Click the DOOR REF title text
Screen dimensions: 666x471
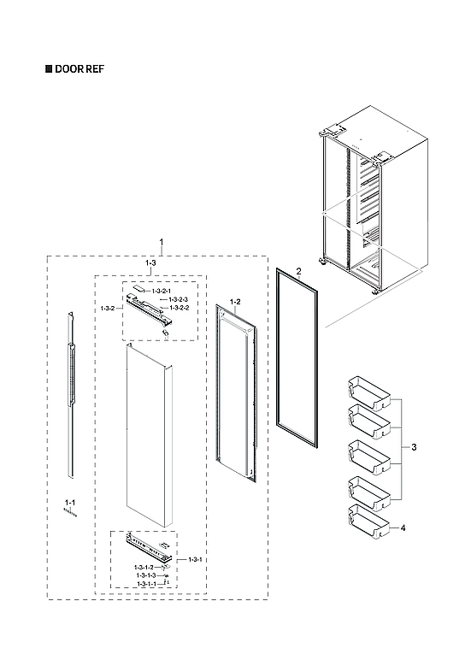pyautogui.click(x=81, y=69)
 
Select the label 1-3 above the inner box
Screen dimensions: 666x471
pyautogui.click(x=150, y=264)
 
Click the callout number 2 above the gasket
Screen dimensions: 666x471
pyautogui.click(x=298, y=271)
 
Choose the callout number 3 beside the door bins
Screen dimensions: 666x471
pyautogui.click(x=414, y=448)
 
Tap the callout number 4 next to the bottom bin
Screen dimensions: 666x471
pyautogui.click(x=403, y=528)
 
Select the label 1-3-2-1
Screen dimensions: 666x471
pyautogui.click(x=162, y=292)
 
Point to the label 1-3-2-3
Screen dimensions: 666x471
pyautogui.click(x=179, y=299)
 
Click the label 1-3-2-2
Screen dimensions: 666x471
pyautogui.click(x=179, y=307)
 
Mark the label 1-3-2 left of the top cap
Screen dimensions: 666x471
pyautogui.click(x=107, y=307)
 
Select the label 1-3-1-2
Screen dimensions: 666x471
pyautogui.click(x=144, y=568)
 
